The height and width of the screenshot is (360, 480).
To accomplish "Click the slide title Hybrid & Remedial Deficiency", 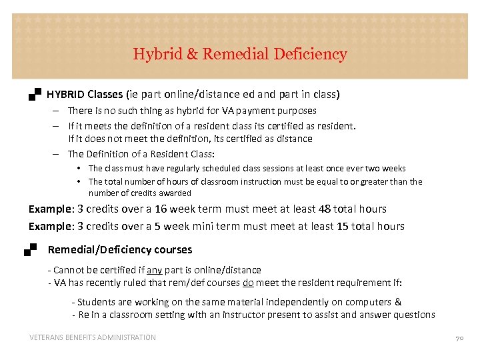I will tap(240, 54).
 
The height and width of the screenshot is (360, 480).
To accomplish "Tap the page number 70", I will tap(459, 338).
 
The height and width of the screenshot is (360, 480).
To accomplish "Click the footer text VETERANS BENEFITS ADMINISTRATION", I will tap(92, 337).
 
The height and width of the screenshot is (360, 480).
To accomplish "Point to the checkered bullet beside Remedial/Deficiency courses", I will tap(30, 250).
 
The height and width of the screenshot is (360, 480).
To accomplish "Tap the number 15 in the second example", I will tap(343, 226).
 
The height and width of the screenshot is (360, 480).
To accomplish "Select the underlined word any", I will tap(154, 270).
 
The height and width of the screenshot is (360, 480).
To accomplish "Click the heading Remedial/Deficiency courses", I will tap(120, 250).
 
